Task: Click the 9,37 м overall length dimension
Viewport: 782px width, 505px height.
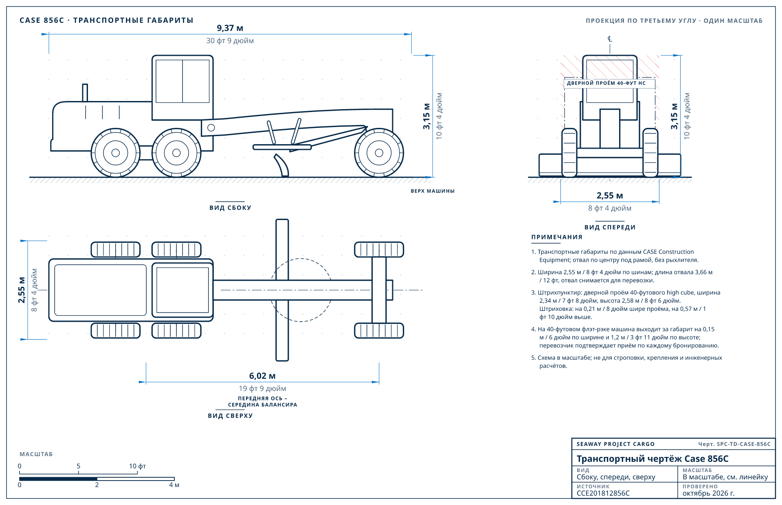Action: point(230,28)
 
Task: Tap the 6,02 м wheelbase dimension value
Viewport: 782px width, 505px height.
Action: point(262,376)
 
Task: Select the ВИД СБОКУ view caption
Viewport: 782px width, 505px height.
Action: point(230,208)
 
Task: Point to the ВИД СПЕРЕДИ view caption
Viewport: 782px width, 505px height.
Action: point(610,227)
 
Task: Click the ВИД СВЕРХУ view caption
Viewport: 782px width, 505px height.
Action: point(230,416)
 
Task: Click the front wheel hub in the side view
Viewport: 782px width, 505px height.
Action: point(379,153)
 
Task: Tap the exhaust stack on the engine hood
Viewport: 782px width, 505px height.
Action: point(85,92)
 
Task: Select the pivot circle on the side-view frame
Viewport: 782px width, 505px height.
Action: point(211,127)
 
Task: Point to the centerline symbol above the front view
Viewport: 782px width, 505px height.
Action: point(610,39)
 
